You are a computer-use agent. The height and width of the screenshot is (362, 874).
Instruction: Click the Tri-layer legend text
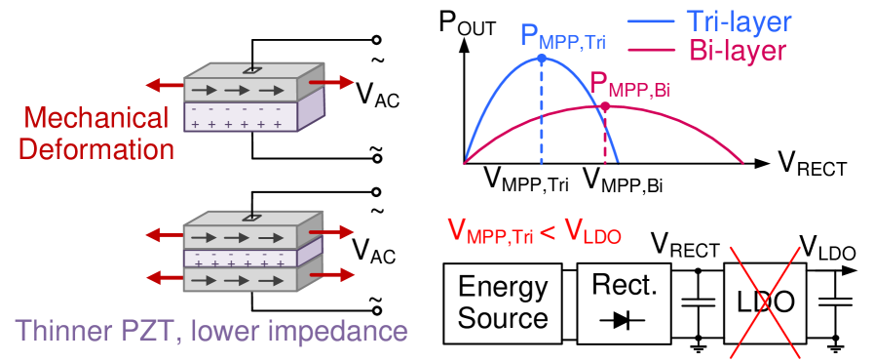736,20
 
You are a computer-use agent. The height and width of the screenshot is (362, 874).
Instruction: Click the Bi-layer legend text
737,51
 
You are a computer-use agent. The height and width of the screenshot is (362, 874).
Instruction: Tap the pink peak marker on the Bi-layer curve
605,106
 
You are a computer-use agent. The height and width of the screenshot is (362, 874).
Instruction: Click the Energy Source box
503,302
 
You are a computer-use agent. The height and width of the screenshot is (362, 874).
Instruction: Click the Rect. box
625,302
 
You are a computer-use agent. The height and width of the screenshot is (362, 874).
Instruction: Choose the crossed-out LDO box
764,302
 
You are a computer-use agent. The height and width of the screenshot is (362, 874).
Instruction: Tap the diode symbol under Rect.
625,320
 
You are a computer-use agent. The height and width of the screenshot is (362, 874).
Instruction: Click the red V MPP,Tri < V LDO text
534,231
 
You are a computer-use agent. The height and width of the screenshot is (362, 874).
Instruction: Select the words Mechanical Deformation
96,135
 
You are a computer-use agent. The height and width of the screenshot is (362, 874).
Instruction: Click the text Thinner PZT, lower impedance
211,331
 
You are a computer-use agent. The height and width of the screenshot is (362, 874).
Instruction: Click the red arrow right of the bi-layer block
337,84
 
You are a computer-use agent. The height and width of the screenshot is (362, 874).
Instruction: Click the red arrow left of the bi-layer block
165,84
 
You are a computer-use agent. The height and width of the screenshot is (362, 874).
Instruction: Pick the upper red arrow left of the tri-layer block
164,235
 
